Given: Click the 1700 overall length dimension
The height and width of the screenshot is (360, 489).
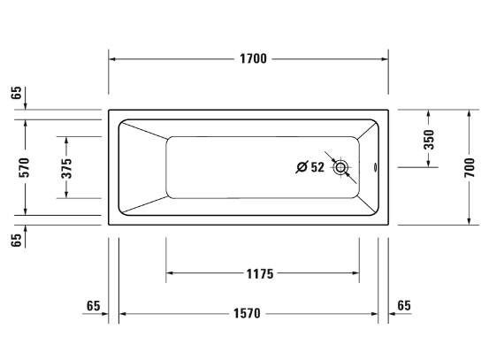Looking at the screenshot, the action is pyautogui.click(x=253, y=58).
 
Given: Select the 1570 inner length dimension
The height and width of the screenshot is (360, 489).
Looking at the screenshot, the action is pyautogui.click(x=247, y=313).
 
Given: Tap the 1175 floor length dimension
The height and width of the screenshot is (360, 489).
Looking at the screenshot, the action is pyautogui.click(x=260, y=274).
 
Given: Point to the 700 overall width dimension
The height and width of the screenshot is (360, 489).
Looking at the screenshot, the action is pyautogui.click(x=469, y=167).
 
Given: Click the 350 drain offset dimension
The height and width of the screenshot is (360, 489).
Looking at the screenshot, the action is pyautogui.click(x=429, y=140).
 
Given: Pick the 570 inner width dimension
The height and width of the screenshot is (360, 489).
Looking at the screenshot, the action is pyautogui.click(x=24, y=167).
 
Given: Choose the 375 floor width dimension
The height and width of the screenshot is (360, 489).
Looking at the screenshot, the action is pyautogui.click(x=66, y=168).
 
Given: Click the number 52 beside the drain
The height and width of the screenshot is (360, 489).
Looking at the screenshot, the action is pyautogui.click(x=317, y=167).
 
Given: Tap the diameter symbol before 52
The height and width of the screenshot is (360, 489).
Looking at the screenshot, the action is pyautogui.click(x=302, y=167).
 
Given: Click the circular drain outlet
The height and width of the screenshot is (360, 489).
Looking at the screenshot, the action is pyautogui.click(x=340, y=167).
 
